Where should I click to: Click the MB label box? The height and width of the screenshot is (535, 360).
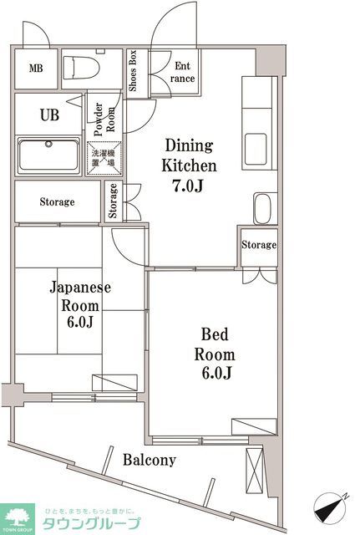[x=38, y=69]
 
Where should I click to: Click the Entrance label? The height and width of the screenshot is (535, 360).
[x=184, y=73]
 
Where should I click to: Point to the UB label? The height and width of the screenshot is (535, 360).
[x=49, y=115]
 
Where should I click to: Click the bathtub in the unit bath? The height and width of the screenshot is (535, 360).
[x=48, y=155]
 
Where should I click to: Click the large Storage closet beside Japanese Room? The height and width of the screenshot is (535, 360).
[x=57, y=202]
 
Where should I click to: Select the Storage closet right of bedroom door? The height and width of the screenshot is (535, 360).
[x=258, y=245]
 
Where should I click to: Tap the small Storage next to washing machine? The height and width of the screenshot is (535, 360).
[x=113, y=201]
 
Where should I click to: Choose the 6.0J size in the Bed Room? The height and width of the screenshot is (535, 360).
[x=214, y=372]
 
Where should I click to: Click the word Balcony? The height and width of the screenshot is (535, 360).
[x=150, y=460]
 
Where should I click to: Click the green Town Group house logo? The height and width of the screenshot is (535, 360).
[x=18, y=517]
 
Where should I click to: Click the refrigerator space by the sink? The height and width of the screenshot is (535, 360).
[x=264, y=208]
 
